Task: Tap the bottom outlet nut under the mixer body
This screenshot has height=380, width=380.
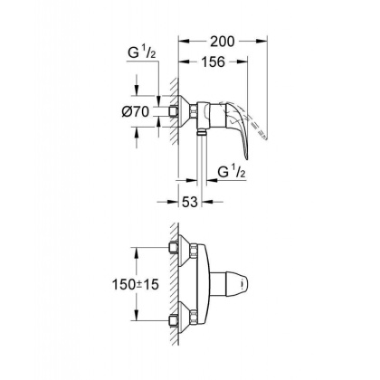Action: click(x=199, y=133)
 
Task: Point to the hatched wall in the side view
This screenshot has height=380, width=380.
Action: click(x=166, y=113)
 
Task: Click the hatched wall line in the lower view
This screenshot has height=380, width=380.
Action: click(x=166, y=283)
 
